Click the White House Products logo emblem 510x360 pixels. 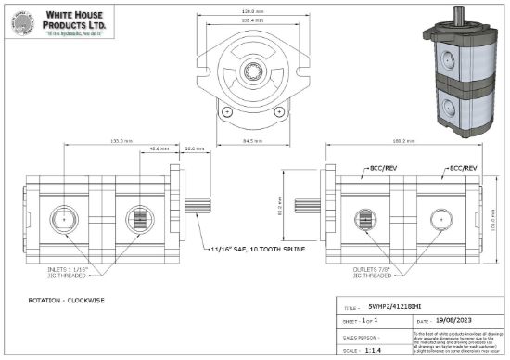[x=21, y=23]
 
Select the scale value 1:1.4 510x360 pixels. [x=376, y=352]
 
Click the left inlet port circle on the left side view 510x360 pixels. [x=66, y=220]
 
